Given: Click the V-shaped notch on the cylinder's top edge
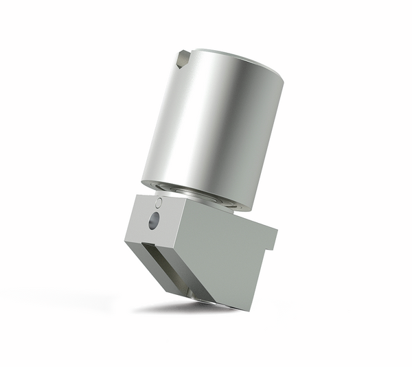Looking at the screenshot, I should (x=183, y=60).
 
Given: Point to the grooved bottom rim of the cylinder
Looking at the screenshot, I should (x=199, y=193).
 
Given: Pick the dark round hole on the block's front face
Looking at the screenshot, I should (x=154, y=220).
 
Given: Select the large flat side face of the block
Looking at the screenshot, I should (x=220, y=254).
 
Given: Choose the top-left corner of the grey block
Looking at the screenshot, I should (x=137, y=197).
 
